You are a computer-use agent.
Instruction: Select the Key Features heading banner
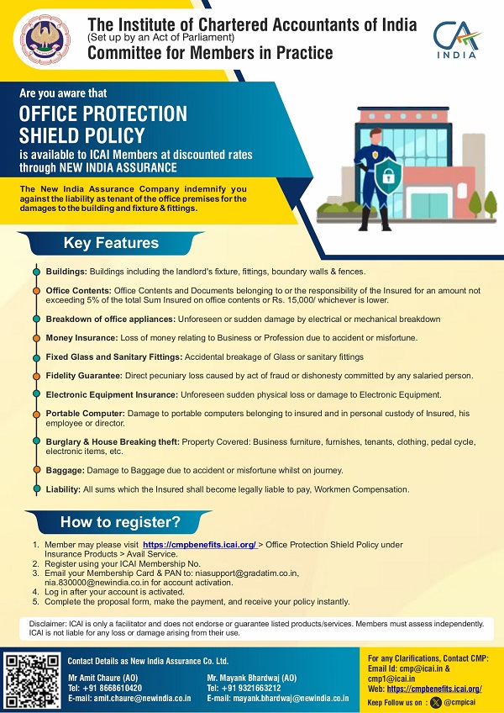[111, 244]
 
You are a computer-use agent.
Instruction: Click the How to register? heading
[119, 522]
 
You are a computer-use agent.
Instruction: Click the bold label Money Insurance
[81, 335]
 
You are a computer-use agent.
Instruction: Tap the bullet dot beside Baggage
[35, 470]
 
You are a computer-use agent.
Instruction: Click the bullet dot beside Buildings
[35, 272]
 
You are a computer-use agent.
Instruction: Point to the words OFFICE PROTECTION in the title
[103, 114]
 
